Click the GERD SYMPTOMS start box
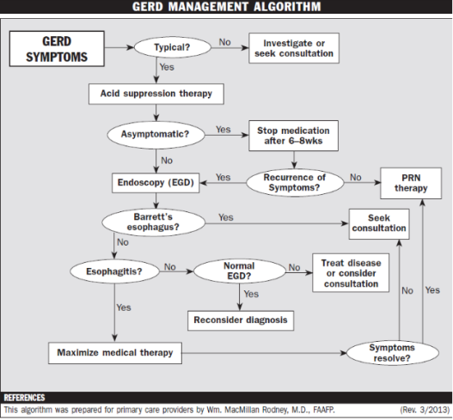pyautogui.click(x=58, y=49)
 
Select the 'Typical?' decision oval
pyautogui.click(x=173, y=48)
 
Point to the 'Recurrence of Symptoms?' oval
pyautogui.click(x=292, y=182)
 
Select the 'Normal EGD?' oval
pyautogui.click(x=238, y=272)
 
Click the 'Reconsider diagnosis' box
pyautogui.click(x=239, y=320)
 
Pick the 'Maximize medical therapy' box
pyautogui.click(x=114, y=352)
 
